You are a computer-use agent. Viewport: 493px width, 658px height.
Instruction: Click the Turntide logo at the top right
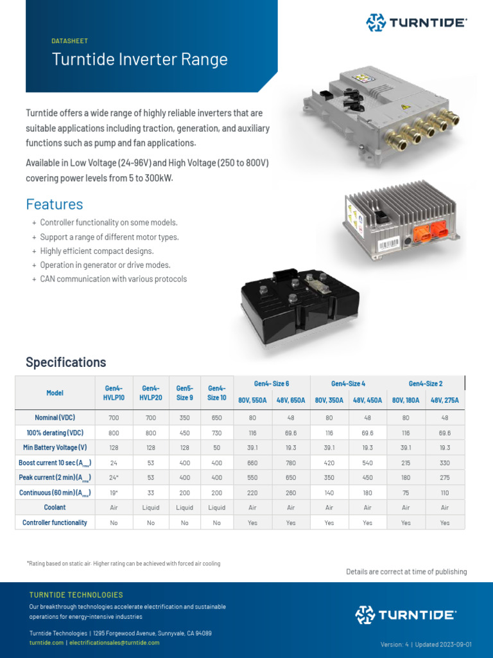(x=416, y=22)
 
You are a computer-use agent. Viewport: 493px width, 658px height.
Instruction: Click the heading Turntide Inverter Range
(x=139, y=60)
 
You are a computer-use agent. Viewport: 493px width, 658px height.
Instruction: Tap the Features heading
(x=55, y=204)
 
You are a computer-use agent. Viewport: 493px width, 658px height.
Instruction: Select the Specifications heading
(x=66, y=362)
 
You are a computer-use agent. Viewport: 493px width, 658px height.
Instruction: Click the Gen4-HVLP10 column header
(x=114, y=393)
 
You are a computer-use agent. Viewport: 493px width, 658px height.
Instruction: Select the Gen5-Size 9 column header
(x=184, y=393)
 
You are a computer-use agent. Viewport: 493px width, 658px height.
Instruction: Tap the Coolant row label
(x=55, y=508)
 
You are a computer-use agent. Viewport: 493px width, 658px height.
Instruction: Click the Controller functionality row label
(x=55, y=523)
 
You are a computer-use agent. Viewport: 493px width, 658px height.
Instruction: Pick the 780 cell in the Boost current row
(x=291, y=463)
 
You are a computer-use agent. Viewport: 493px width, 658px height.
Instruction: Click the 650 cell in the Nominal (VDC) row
(x=217, y=418)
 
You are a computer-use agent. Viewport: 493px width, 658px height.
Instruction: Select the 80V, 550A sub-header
(x=252, y=400)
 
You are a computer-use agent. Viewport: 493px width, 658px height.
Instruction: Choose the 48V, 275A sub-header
(x=445, y=400)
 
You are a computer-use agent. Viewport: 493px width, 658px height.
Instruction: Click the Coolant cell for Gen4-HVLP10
(x=114, y=508)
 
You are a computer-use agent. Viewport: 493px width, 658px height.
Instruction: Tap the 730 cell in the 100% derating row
(x=217, y=433)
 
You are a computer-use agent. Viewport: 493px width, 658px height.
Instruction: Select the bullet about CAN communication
(x=114, y=279)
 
